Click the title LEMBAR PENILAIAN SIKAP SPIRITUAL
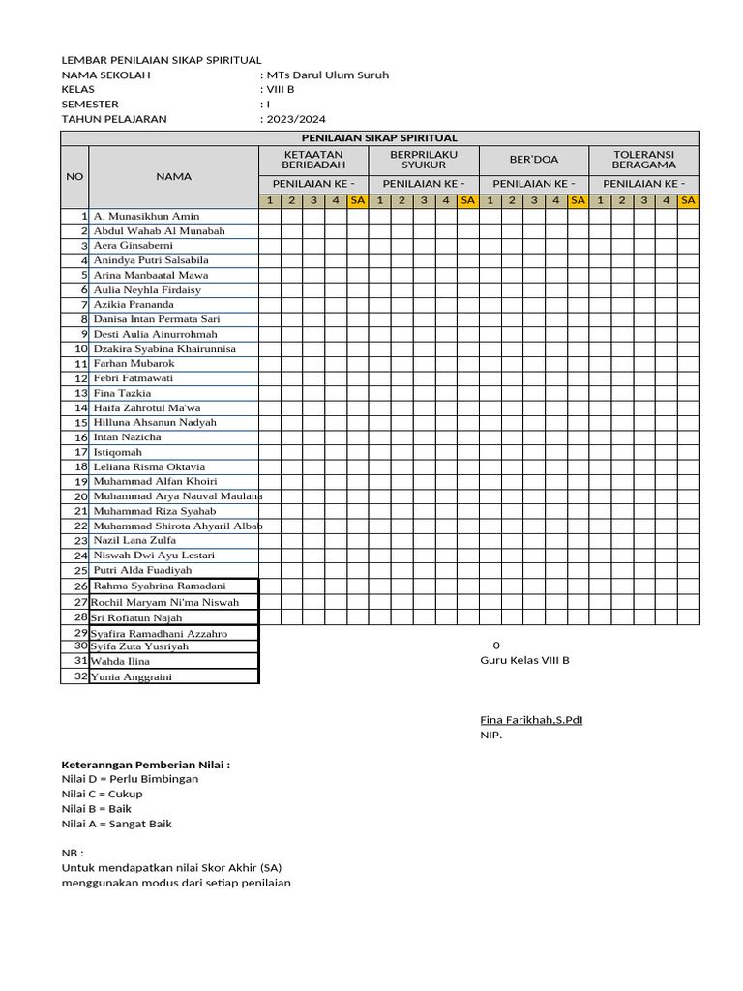click(162, 60)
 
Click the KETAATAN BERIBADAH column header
click(313, 160)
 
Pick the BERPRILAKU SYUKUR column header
click(424, 160)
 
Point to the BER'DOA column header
click(534, 160)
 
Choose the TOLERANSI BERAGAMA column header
click(644, 160)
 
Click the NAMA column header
click(173, 177)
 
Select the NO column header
click(74, 177)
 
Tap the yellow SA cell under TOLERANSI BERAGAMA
click(688, 200)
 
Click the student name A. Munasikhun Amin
click(146, 216)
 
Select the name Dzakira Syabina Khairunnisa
click(164, 348)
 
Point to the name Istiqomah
click(118, 452)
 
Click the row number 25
click(81, 571)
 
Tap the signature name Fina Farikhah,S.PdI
click(531, 720)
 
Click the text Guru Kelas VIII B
click(525, 660)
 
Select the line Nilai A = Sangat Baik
click(117, 824)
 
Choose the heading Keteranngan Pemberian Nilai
click(146, 765)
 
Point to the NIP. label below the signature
click(491, 735)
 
